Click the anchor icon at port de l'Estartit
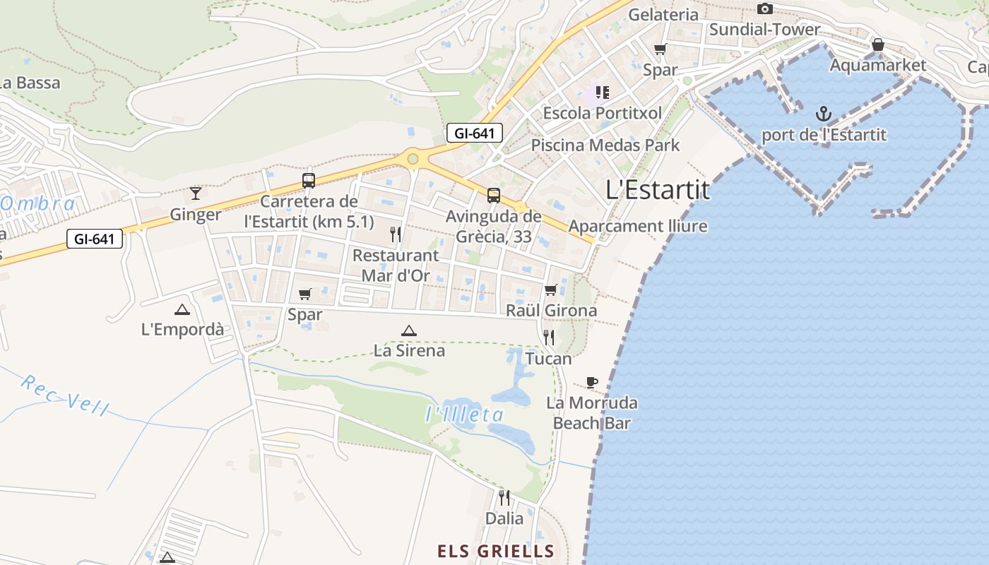point(823,114)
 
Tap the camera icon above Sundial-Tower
point(764,9)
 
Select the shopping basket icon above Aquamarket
point(877,44)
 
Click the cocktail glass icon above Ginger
point(196,193)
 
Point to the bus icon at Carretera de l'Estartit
point(309,180)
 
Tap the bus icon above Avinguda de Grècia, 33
point(493,196)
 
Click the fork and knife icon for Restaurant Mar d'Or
point(396,234)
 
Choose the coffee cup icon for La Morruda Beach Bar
point(592,382)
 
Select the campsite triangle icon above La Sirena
point(408,330)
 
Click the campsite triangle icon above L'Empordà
point(182,309)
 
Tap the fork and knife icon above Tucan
point(548,338)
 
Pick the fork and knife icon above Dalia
point(504,498)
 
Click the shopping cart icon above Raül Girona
point(551,290)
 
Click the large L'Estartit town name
point(658,190)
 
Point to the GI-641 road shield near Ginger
point(95,239)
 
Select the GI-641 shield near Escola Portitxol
point(474,133)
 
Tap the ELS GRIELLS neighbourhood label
point(495,551)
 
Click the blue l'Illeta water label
point(465,415)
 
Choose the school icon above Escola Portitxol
point(602,92)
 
